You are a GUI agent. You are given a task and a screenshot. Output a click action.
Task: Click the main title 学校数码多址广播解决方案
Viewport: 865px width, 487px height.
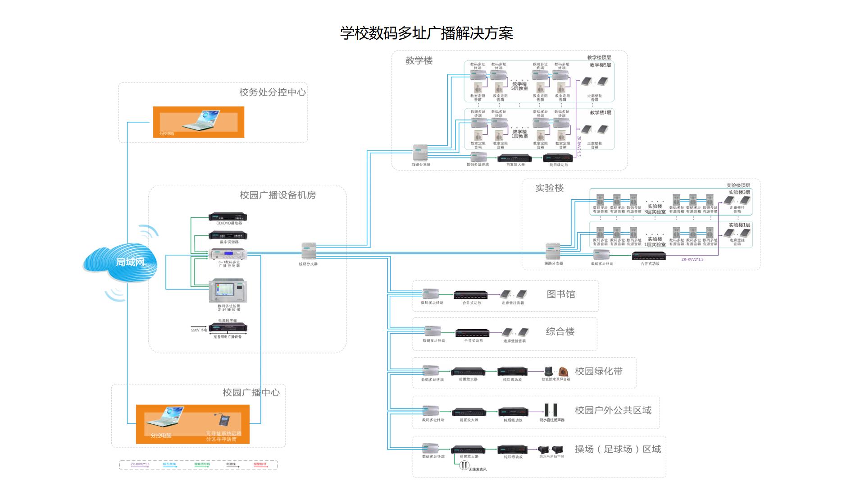tap(426, 33)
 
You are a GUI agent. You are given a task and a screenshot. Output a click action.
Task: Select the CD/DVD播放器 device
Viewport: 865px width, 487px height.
tap(228, 217)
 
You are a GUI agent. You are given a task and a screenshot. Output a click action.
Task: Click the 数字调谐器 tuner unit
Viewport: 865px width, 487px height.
tap(228, 235)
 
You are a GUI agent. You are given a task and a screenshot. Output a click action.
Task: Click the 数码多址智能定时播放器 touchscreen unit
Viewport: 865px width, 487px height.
tap(228, 291)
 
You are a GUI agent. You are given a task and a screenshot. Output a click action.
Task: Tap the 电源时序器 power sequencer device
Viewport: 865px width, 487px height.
tap(228, 328)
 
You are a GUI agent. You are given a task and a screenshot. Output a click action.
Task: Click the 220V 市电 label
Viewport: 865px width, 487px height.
tap(199, 330)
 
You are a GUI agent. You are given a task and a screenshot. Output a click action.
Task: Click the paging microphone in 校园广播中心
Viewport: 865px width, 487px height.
tap(224, 420)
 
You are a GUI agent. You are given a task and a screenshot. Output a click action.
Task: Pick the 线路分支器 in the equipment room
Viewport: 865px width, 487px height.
tap(309, 251)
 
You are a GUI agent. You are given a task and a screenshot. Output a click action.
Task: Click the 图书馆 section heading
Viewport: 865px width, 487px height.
tap(560, 294)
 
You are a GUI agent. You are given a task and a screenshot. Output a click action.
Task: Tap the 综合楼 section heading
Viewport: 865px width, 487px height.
tap(560, 332)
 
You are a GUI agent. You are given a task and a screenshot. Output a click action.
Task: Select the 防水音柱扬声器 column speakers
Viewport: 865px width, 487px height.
tap(551, 410)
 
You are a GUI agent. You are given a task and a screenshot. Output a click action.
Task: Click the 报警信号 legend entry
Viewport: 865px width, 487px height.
tap(260, 464)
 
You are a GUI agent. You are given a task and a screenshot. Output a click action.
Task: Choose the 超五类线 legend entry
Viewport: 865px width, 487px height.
tap(169, 464)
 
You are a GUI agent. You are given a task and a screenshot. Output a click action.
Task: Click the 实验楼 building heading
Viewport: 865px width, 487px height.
tap(549, 188)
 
